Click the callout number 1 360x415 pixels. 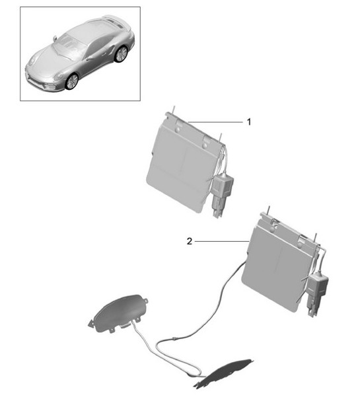249,122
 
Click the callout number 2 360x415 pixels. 190,241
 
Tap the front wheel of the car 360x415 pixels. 71,81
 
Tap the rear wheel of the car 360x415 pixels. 121,54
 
